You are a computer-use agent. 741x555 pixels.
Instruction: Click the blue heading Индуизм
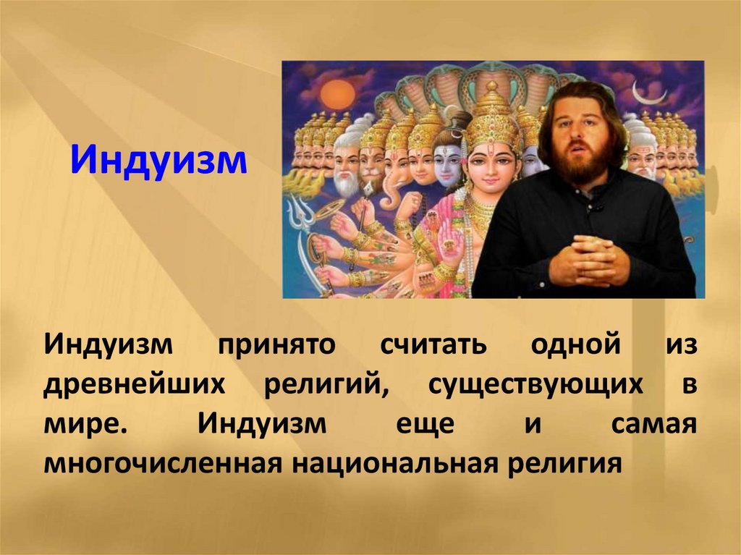[158, 161]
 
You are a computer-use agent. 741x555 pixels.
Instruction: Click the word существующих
[535, 384]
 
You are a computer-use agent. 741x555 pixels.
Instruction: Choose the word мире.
[85, 424]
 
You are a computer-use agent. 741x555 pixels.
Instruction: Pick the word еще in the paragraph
[425, 424]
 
